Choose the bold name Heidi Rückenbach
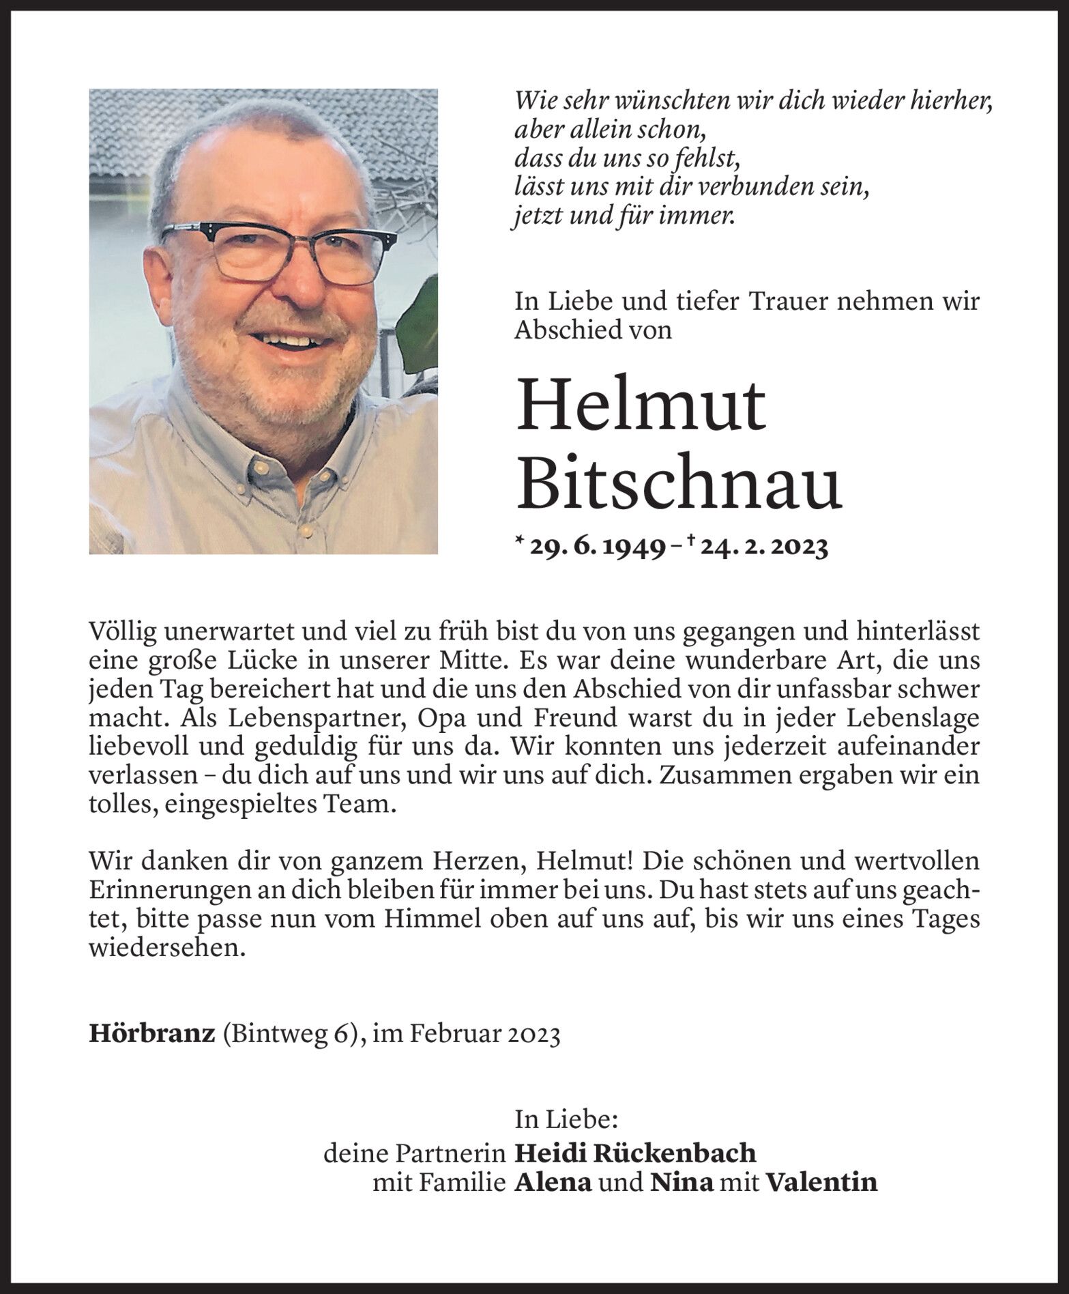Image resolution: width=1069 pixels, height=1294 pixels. [x=634, y=1153]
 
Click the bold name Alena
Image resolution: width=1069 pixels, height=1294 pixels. [x=553, y=1182]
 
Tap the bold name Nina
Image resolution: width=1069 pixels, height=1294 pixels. [x=682, y=1182]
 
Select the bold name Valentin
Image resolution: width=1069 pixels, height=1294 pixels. [x=821, y=1182]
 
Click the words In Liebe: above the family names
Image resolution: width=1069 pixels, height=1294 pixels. [x=566, y=1119]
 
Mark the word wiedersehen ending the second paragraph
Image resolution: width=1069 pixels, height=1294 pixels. [x=166, y=948]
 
